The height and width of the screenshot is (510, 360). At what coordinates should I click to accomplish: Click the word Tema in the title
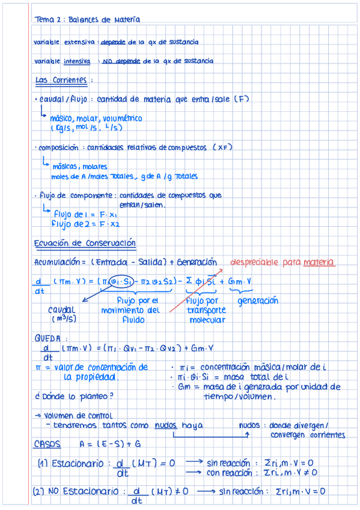click(44, 19)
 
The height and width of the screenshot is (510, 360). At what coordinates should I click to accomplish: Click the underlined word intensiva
click(77, 61)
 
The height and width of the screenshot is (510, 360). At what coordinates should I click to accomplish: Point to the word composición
click(58, 147)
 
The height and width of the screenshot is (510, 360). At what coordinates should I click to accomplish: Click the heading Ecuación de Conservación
click(85, 243)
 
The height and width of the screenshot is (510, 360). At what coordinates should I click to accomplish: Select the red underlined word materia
click(319, 262)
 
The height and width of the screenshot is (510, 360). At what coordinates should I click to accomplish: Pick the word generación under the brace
click(258, 300)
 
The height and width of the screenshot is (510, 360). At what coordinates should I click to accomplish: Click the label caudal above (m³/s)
click(61, 309)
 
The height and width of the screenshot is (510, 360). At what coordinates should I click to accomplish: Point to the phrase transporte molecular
click(206, 315)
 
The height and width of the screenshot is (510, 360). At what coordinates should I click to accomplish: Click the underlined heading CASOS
click(47, 443)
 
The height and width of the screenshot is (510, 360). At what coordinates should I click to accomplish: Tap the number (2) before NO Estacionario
click(40, 491)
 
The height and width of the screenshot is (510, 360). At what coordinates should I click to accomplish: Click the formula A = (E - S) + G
click(110, 444)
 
